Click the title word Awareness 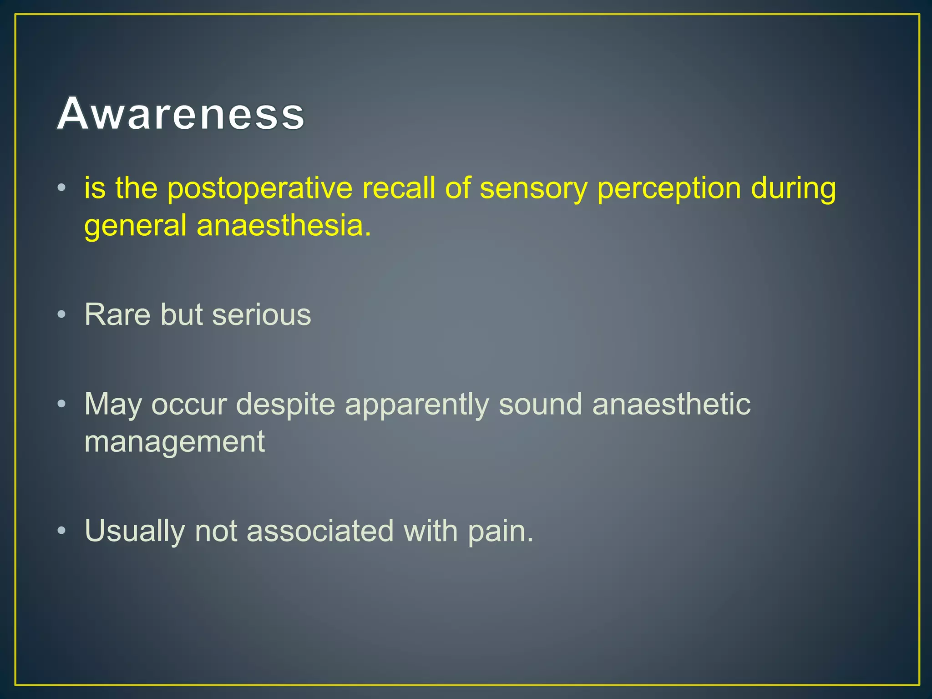181,114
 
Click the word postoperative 260,189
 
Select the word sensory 533,189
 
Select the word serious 261,314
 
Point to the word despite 285,405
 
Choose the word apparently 416,405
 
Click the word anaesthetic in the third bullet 671,404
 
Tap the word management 174,442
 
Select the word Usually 135,531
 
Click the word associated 320,530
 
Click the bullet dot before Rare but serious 62,314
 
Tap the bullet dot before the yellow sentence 62,187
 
